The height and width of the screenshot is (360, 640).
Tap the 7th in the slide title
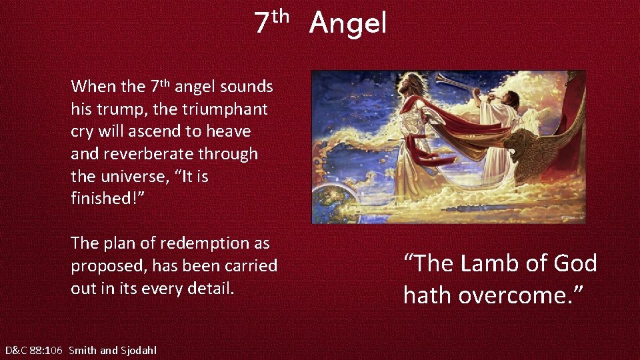coord(272,21)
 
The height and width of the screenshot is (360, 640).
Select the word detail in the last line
coord(211,289)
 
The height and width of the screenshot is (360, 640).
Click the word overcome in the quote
coord(516,295)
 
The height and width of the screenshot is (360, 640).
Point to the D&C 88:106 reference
coord(34,350)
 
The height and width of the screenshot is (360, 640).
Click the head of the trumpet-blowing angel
coord(511,99)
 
